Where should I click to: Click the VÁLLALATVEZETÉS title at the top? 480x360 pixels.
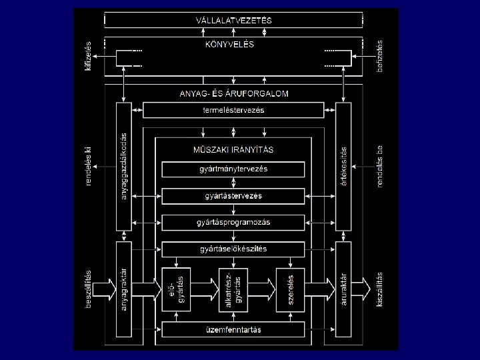coord(233,21)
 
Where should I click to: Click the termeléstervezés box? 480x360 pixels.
coord(233,110)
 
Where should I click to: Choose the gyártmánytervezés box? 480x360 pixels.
coord(233,169)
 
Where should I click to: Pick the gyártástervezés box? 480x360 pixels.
coord(233,196)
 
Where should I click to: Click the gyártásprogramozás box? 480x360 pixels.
coord(233,222)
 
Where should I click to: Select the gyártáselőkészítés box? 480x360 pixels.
coord(233,249)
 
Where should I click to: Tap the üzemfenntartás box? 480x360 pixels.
coord(233,329)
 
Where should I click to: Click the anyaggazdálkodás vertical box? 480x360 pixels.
coord(124,167)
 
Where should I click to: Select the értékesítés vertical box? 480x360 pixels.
coord(343,167)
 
